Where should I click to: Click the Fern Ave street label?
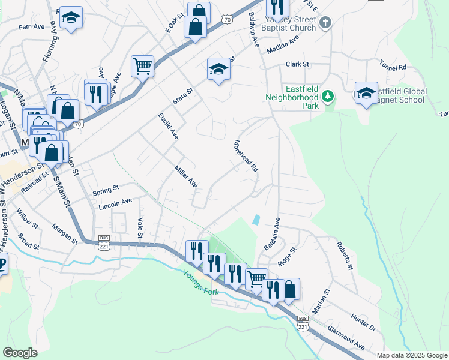pos(32,27)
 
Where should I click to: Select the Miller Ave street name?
pos(185,176)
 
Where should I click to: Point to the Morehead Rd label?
pos(246,156)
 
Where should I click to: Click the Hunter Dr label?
pos(363,325)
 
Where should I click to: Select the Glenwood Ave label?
pos(346,337)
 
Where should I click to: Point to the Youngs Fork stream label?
pos(203,280)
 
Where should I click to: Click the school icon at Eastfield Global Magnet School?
pos(366,93)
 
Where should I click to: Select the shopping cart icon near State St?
pos(143,66)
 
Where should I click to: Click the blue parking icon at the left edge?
pos(2,263)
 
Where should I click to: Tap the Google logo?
pos(20,353)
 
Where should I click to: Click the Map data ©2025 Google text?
pos(411,355)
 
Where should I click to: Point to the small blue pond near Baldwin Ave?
pos(257,220)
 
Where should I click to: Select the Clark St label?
pos(297,64)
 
